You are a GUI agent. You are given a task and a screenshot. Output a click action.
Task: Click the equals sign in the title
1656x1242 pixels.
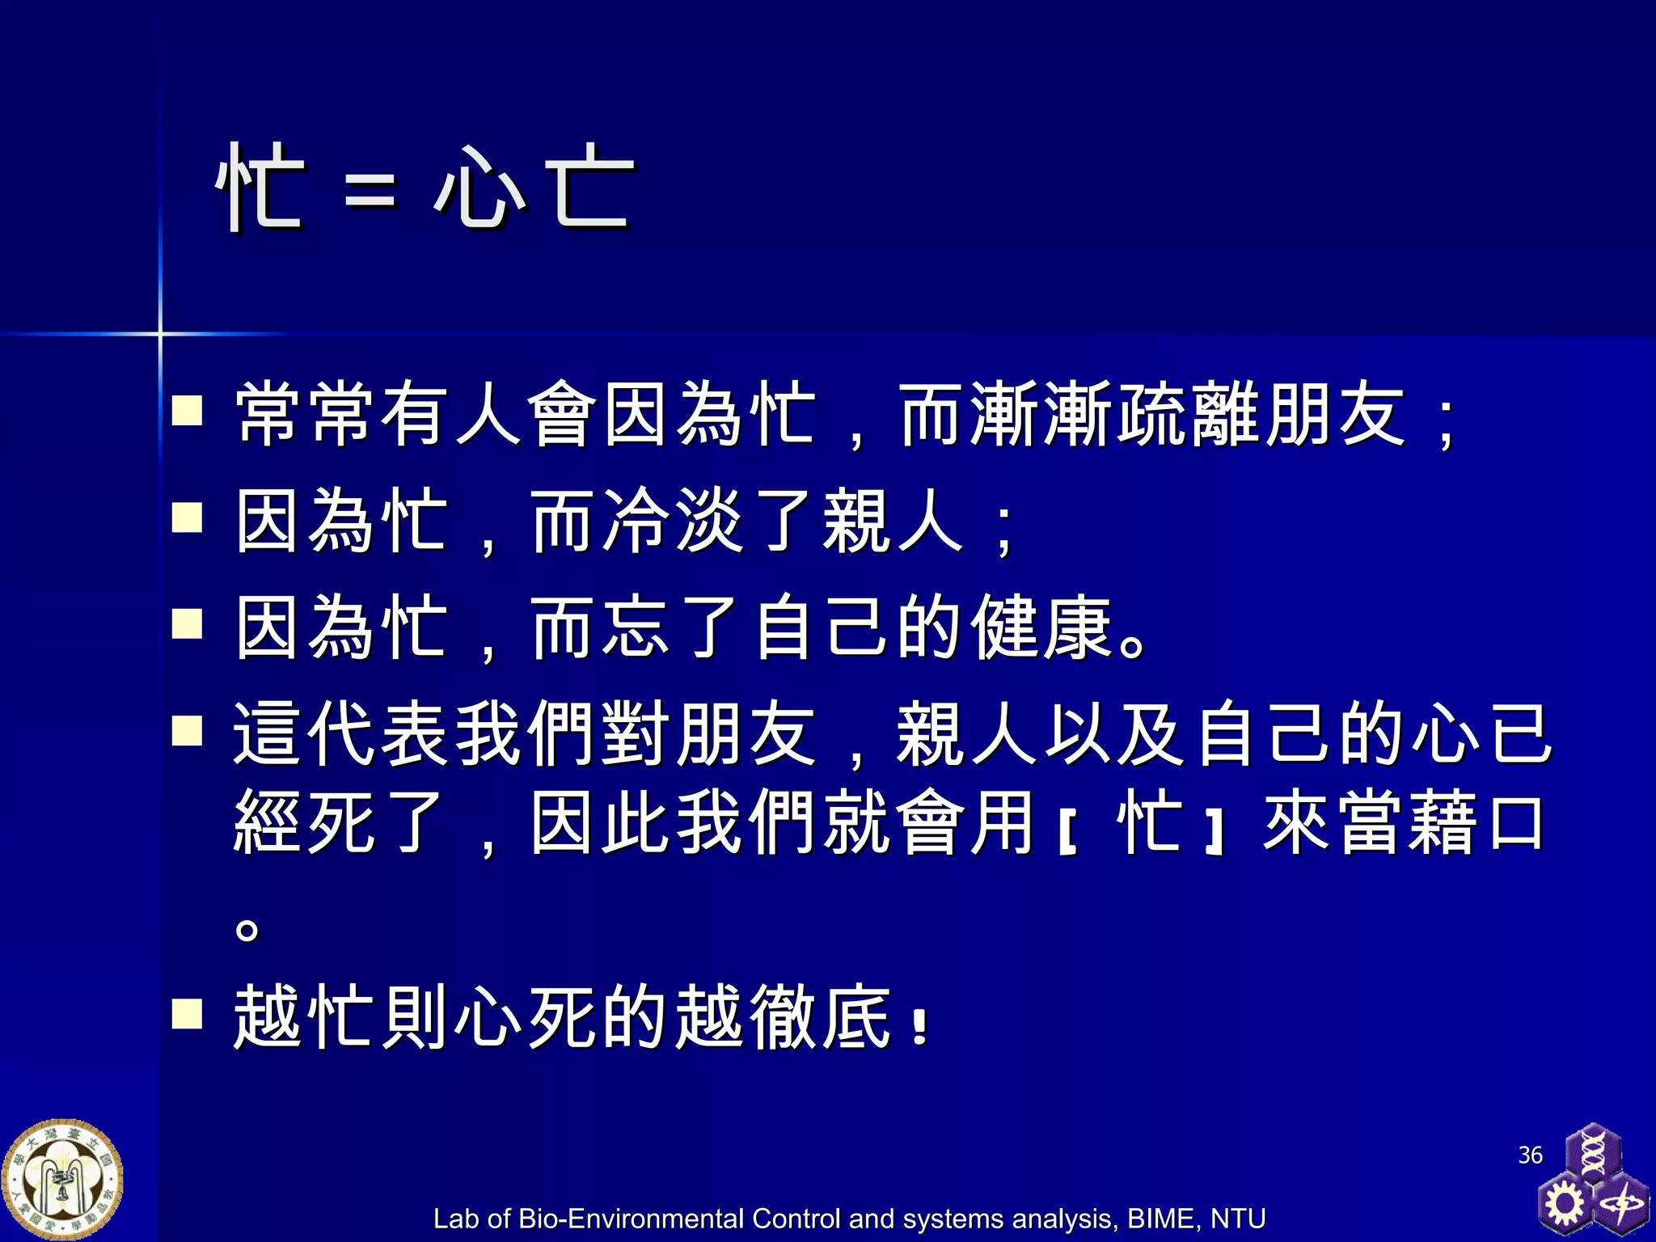point(371,192)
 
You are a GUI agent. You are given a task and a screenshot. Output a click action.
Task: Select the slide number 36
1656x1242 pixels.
point(1530,1155)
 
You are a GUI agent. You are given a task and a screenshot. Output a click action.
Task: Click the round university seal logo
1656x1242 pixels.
point(62,1180)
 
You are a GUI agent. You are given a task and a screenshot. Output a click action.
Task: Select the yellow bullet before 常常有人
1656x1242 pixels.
point(187,410)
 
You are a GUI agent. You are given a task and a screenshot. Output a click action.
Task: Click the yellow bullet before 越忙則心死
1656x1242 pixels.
point(187,1012)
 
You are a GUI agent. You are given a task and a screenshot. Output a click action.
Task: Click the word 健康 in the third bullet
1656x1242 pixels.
point(1041,628)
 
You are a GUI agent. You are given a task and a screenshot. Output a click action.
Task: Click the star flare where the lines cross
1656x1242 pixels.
point(160,333)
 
